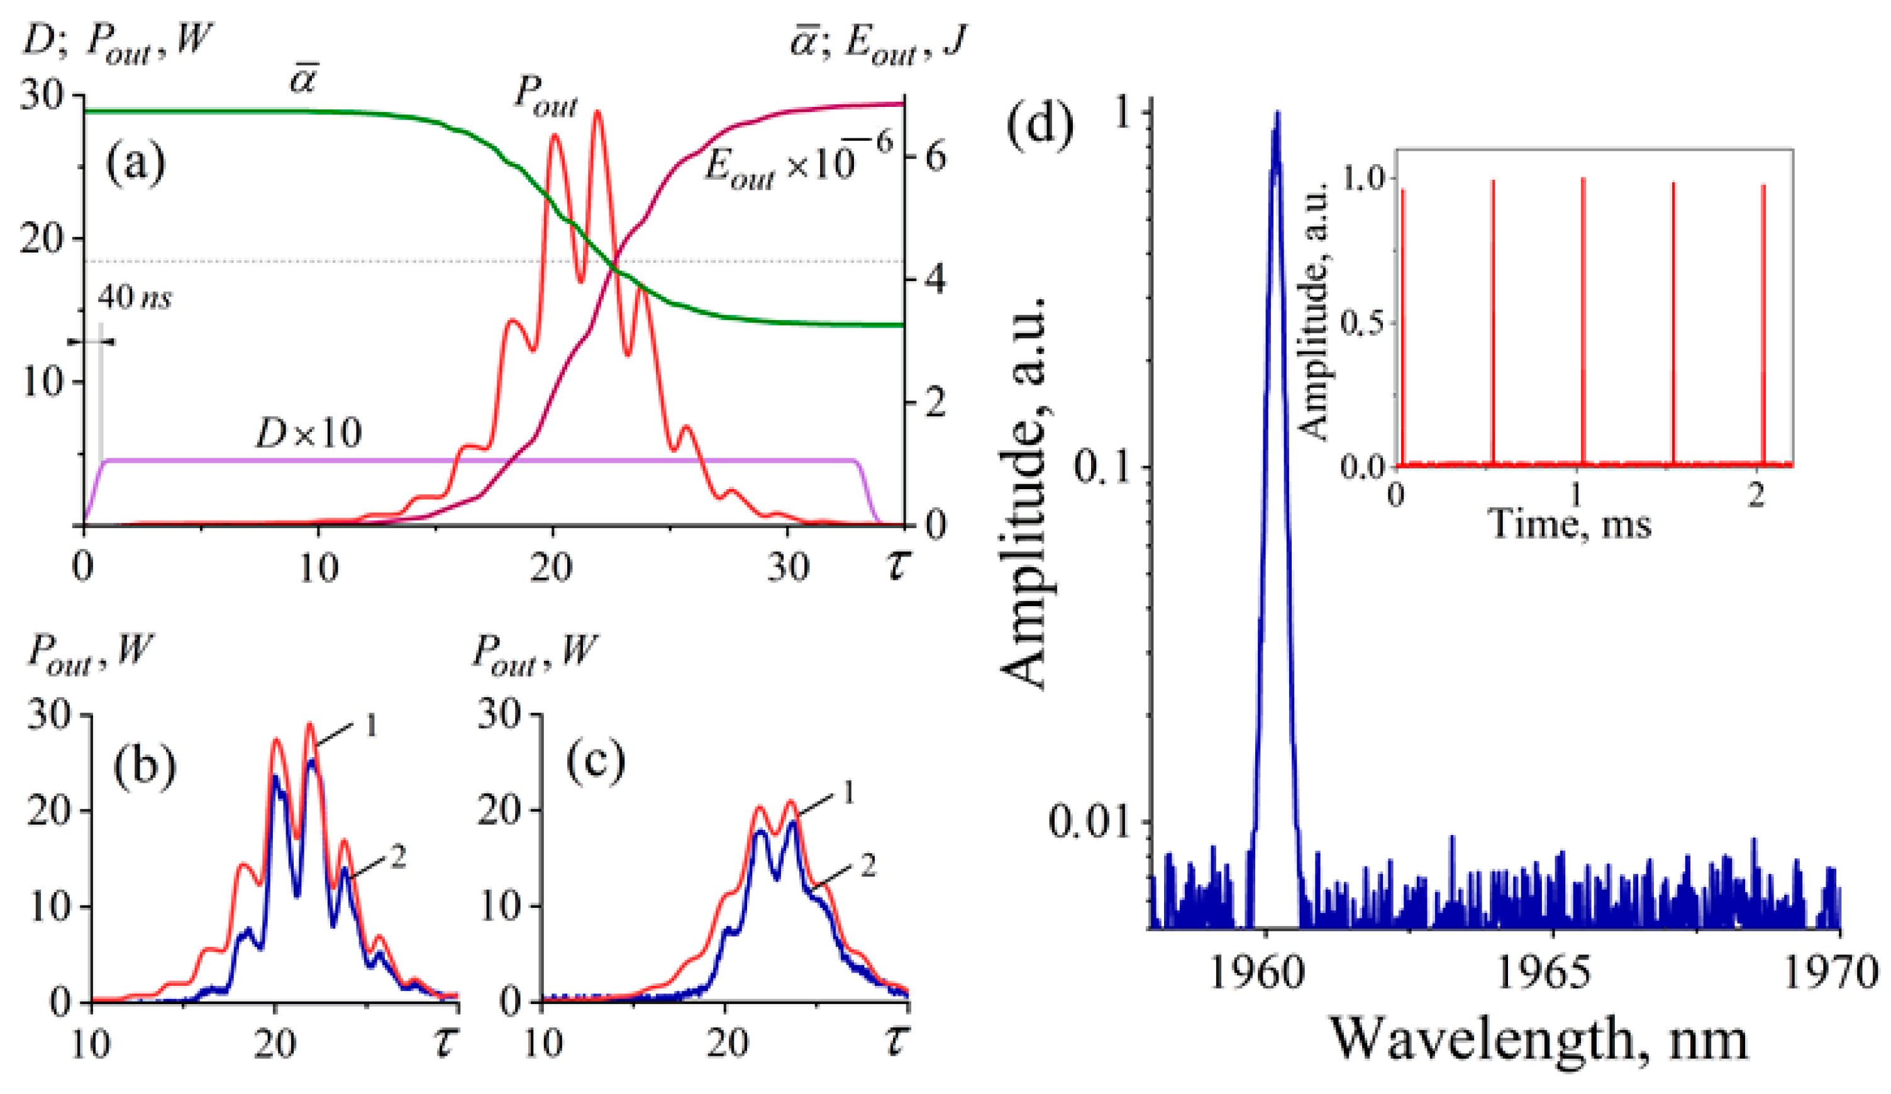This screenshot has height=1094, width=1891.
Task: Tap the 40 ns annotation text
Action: click(x=135, y=298)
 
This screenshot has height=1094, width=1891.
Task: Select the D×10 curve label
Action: click(x=308, y=433)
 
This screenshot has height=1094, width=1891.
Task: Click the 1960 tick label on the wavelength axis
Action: click(x=1258, y=974)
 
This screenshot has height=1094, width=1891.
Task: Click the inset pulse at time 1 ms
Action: click(x=1583, y=323)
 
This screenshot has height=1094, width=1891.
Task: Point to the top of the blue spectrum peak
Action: click(x=1277, y=114)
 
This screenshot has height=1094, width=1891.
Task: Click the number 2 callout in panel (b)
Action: click(x=397, y=856)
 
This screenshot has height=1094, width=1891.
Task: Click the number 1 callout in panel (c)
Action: click(x=848, y=793)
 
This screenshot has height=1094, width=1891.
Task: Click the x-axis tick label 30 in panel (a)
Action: click(x=788, y=568)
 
